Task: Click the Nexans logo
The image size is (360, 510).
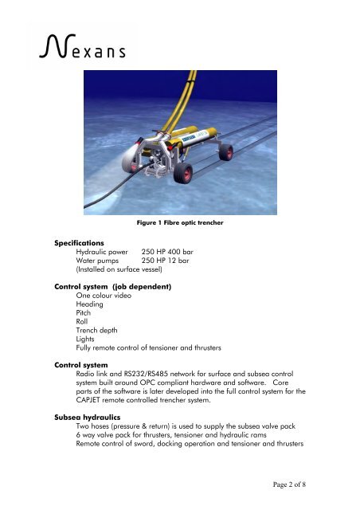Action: (x=80, y=49)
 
